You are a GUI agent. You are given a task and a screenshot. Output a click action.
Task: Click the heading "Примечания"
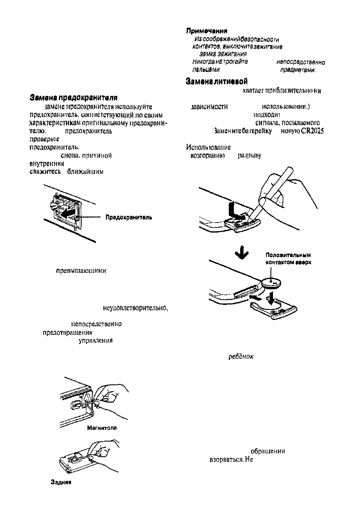click(x=207, y=31)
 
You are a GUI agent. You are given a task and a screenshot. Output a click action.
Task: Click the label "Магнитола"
click(x=101, y=428)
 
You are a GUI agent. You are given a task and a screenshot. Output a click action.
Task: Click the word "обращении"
click(x=268, y=451)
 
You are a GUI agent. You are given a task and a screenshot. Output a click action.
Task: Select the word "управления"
click(x=95, y=341)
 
